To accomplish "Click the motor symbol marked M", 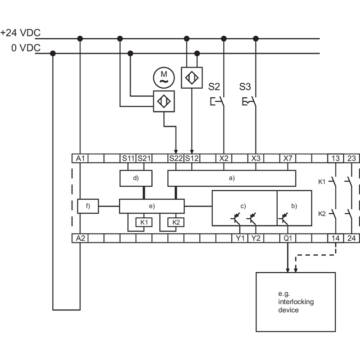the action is coord(164,77).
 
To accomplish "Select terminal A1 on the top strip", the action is coord(80,158).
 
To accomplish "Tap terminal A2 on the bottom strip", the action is coord(80,238).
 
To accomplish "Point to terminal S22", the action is coord(176,158).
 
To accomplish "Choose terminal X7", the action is coord(288,158).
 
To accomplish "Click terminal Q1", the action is coord(288,238).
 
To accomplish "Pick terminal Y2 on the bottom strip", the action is coord(256,238).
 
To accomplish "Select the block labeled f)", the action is coord(88,206).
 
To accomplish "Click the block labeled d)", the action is coord(136,178).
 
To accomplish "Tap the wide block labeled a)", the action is coord(232,178).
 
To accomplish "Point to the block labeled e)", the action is coord(152,206).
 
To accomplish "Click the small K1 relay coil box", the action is coord(144,222).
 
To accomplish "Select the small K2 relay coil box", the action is coord(176,222).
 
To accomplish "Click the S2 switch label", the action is coord(214,87).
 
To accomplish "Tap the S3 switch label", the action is coord(245,87).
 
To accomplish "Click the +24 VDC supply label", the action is coord(20,33).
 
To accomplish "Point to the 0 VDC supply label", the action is coord(26,48).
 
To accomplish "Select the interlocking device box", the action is coord(296,302).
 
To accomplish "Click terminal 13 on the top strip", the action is coord(335,158).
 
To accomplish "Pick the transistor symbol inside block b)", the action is coord(283,219).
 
